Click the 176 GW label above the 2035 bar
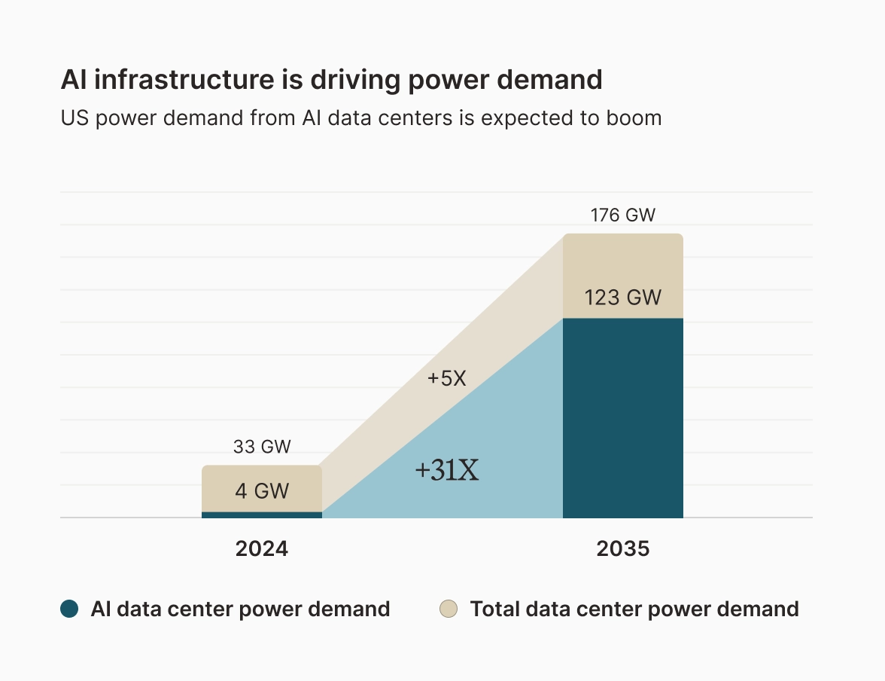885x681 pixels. [622, 215]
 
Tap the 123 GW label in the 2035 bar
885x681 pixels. [622, 298]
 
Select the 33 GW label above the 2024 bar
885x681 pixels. [261, 447]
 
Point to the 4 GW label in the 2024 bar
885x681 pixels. [261, 491]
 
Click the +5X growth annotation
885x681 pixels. [447, 378]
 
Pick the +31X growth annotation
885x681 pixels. [447, 471]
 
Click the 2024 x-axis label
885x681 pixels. [261, 548]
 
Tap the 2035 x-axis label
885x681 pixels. [622, 548]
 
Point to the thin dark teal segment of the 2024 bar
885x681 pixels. [261, 515]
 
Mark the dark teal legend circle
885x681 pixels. [69, 609]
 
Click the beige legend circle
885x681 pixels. [449, 609]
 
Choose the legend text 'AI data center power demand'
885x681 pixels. [240, 609]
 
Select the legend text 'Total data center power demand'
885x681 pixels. [634, 609]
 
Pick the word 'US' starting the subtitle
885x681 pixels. [73, 118]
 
